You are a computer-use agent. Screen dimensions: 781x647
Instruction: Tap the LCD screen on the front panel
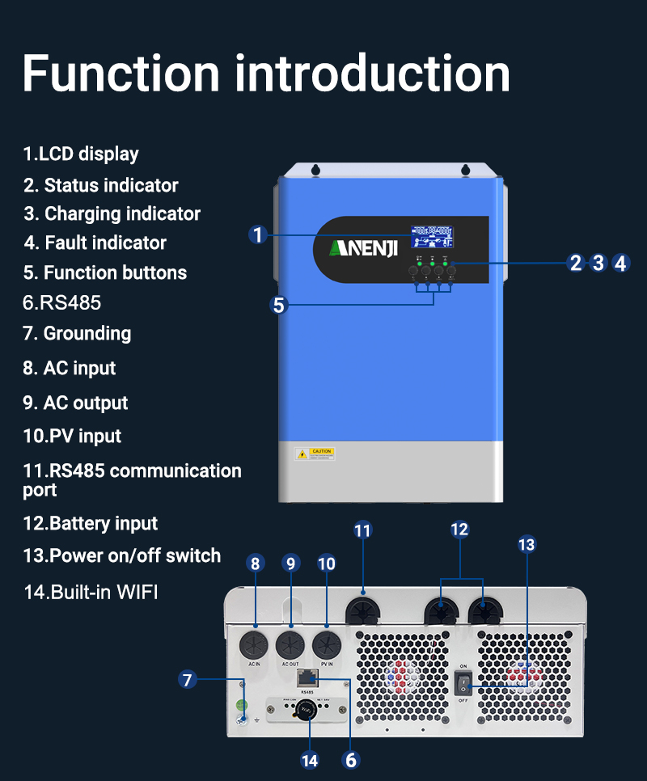coord(431,236)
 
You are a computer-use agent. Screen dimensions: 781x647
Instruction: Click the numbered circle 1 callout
coord(257,234)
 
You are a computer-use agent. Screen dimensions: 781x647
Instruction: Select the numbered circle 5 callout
coord(279,305)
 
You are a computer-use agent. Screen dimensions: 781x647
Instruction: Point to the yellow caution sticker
coord(314,454)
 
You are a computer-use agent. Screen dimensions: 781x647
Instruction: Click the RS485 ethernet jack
coord(307,678)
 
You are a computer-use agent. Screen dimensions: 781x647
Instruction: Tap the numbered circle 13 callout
coord(526,545)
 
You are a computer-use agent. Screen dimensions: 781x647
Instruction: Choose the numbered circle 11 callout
coord(362,530)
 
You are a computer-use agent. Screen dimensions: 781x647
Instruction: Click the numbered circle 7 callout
coord(188,679)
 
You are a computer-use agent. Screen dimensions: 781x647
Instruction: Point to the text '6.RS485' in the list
coord(61,302)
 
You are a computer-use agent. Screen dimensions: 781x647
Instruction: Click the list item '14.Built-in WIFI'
coord(91,591)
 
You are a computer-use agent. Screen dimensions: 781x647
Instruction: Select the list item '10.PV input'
coord(72,436)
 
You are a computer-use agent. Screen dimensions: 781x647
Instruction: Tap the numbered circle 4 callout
coord(620,263)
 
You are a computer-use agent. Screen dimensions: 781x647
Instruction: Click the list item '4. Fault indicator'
coord(95,243)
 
